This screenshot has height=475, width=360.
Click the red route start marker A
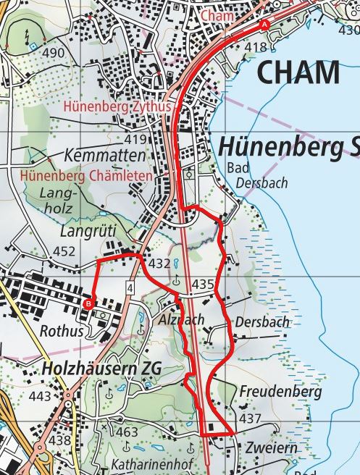(x=264, y=25)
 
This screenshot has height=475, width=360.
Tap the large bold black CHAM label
(x=297, y=73)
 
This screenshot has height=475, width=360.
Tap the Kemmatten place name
(x=104, y=156)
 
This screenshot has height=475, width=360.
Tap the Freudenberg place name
(x=280, y=392)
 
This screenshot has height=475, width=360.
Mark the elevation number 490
(x=52, y=54)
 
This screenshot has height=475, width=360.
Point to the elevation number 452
(x=64, y=251)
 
